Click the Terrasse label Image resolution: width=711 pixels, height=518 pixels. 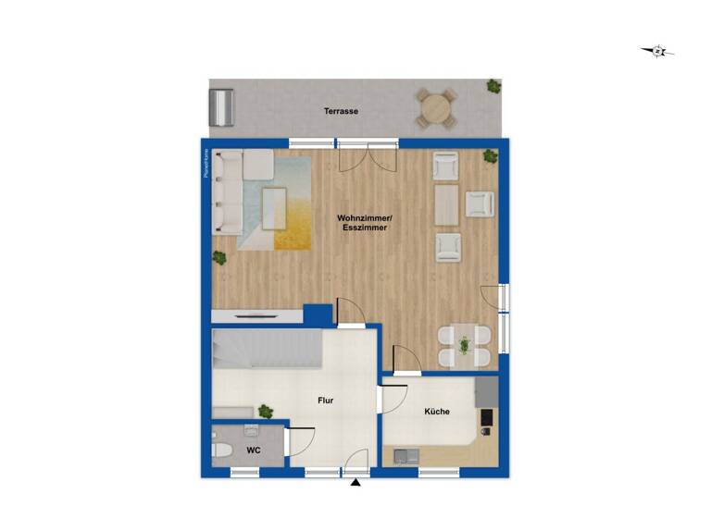341,111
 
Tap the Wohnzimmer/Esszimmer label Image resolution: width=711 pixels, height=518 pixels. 365,222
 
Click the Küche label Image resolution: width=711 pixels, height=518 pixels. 437,412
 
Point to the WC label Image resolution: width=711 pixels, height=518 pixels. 252,450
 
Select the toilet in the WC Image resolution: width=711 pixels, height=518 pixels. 221,451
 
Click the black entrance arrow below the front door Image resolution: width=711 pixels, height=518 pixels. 355,482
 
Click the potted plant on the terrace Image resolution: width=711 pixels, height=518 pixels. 493,87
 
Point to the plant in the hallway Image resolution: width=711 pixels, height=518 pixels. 266,410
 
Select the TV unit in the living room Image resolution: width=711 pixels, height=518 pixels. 256,315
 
